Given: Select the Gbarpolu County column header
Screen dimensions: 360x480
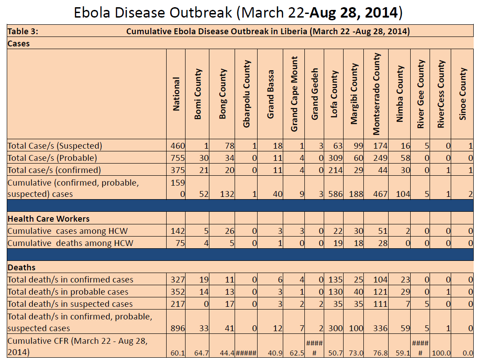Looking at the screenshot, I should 247,94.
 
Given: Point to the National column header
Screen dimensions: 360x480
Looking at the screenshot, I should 176,94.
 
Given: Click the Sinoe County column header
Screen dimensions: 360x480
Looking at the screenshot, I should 463,94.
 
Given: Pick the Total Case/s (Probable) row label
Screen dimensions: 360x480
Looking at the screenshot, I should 52,158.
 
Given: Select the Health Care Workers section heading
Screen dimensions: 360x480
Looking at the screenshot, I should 49,219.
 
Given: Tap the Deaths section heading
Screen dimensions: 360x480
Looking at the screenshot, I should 22,268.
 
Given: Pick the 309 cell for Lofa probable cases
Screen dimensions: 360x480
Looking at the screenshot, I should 333,158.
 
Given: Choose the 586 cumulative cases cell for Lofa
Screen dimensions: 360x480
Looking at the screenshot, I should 333,194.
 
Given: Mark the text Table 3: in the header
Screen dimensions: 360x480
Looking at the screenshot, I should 23,32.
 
